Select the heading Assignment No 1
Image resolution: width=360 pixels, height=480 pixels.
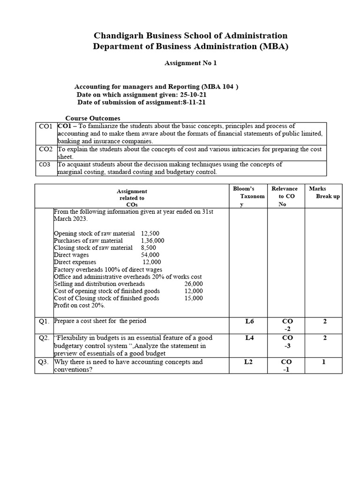190,63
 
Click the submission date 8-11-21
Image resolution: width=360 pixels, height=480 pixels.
190,102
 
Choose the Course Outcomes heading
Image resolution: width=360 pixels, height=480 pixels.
92,118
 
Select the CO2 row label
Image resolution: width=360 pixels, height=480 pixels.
45,149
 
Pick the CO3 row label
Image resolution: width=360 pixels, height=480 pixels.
45,165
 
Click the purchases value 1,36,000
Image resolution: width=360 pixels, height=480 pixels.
152,240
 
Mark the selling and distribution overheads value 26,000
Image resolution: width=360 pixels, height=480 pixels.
194,284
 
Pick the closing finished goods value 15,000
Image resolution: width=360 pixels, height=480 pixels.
194,298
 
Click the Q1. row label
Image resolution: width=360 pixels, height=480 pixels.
45,322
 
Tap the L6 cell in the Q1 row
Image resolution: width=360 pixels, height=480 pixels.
249,322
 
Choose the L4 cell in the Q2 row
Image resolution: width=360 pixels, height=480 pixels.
249,338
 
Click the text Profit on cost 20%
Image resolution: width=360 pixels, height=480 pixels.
79,305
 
